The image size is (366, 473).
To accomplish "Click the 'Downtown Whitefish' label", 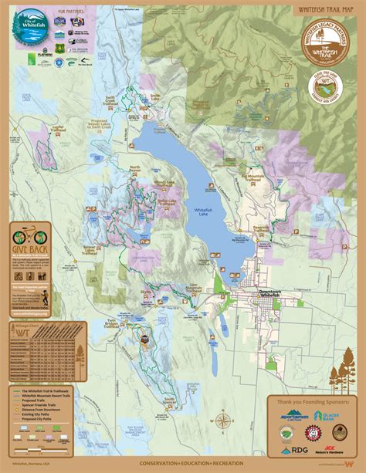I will click(x=272, y=295).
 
